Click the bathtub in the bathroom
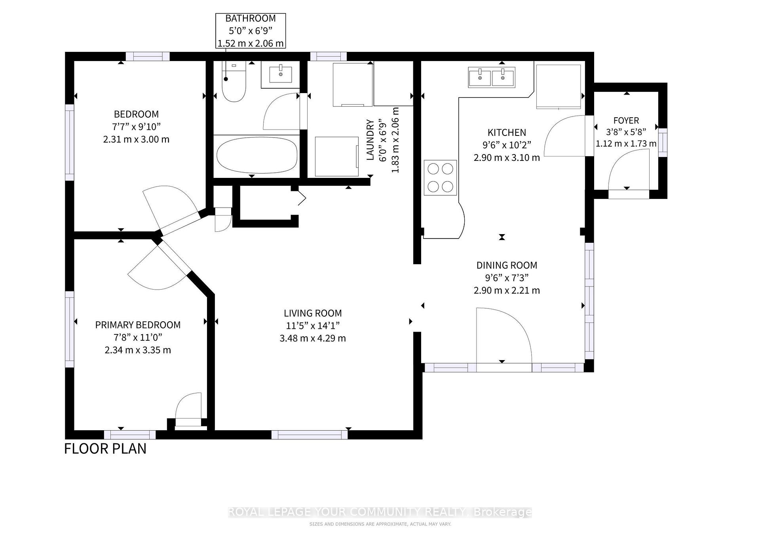257,155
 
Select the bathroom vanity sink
281,74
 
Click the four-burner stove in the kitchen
440,177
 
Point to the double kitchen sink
492,77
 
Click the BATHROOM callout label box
251,31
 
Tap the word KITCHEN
507,133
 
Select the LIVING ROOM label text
313,313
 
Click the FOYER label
626,120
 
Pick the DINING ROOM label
507,265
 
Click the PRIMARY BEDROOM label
138,325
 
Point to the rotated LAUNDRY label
370,140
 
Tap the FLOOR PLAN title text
105,448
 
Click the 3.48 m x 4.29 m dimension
313,338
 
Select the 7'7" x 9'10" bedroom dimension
136,127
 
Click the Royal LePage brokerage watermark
380,512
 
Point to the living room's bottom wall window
310,435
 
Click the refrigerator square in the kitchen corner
559,86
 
